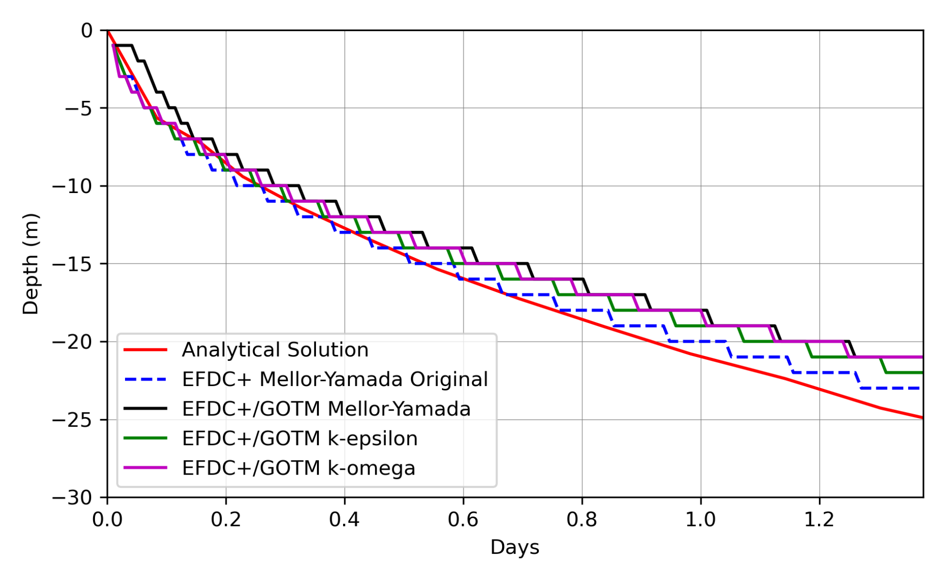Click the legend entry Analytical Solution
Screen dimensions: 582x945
coord(275,350)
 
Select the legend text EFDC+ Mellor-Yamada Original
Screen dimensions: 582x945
coord(335,380)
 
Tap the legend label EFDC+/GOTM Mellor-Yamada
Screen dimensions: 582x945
coord(326,409)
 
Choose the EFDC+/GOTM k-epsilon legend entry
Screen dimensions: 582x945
coord(299,439)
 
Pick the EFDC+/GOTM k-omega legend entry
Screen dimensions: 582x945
coord(298,468)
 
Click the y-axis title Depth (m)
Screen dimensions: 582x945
coord(31,264)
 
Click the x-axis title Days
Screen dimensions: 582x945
coord(514,548)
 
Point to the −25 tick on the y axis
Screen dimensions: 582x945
coord(72,420)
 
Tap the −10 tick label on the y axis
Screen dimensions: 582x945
coord(72,187)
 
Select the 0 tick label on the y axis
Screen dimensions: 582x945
coord(87,31)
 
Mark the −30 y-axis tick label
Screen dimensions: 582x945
coord(72,498)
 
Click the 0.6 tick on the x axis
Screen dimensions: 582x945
coord(463,520)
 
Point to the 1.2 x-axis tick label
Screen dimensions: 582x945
coord(819,520)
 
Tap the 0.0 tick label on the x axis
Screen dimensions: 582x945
coord(107,520)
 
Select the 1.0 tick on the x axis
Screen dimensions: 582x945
coord(700,520)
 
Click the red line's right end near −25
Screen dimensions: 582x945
coord(921,417)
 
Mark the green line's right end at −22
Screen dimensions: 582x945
coord(920,373)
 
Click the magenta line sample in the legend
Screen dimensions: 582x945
coord(145,468)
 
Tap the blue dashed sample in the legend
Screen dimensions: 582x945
coord(145,379)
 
